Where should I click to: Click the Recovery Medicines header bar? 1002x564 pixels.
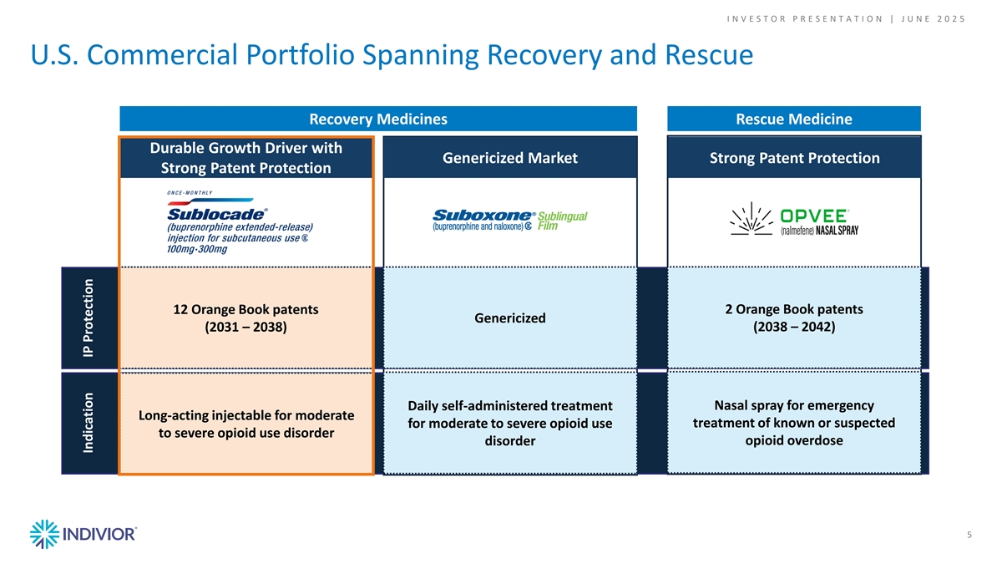(x=378, y=119)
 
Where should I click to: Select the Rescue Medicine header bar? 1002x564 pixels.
(x=794, y=119)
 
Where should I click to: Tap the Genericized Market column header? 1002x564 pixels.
(x=510, y=158)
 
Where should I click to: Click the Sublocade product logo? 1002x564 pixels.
(x=240, y=222)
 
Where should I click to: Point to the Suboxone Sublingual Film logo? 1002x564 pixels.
(x=509, y=220)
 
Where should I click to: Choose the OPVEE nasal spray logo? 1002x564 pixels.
(x=794, y=219)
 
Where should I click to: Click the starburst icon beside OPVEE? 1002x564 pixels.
(x=751, y=218)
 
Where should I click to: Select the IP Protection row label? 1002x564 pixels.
(x=89, y=318)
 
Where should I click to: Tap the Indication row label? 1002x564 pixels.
(x=89, y=423)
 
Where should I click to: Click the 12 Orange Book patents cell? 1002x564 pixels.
(x=246, y=318)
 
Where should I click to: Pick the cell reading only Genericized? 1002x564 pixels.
(x=510, y=318)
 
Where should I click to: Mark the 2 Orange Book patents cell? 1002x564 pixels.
(x=794, y=318)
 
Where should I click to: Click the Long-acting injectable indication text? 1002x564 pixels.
(x=246, y=424)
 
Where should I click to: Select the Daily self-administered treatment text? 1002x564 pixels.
(x=510, y=423)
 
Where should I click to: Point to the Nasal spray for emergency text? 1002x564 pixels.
(x=794, y=423)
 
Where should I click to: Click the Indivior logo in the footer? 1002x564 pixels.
(x=83, y=534)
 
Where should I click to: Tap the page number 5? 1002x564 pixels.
(x=969, y=535)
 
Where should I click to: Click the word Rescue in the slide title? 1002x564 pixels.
(x=709, y=54)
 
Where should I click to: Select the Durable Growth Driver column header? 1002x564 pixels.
(x=246, y=158)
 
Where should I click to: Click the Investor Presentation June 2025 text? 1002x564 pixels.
(x=846, y=18)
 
